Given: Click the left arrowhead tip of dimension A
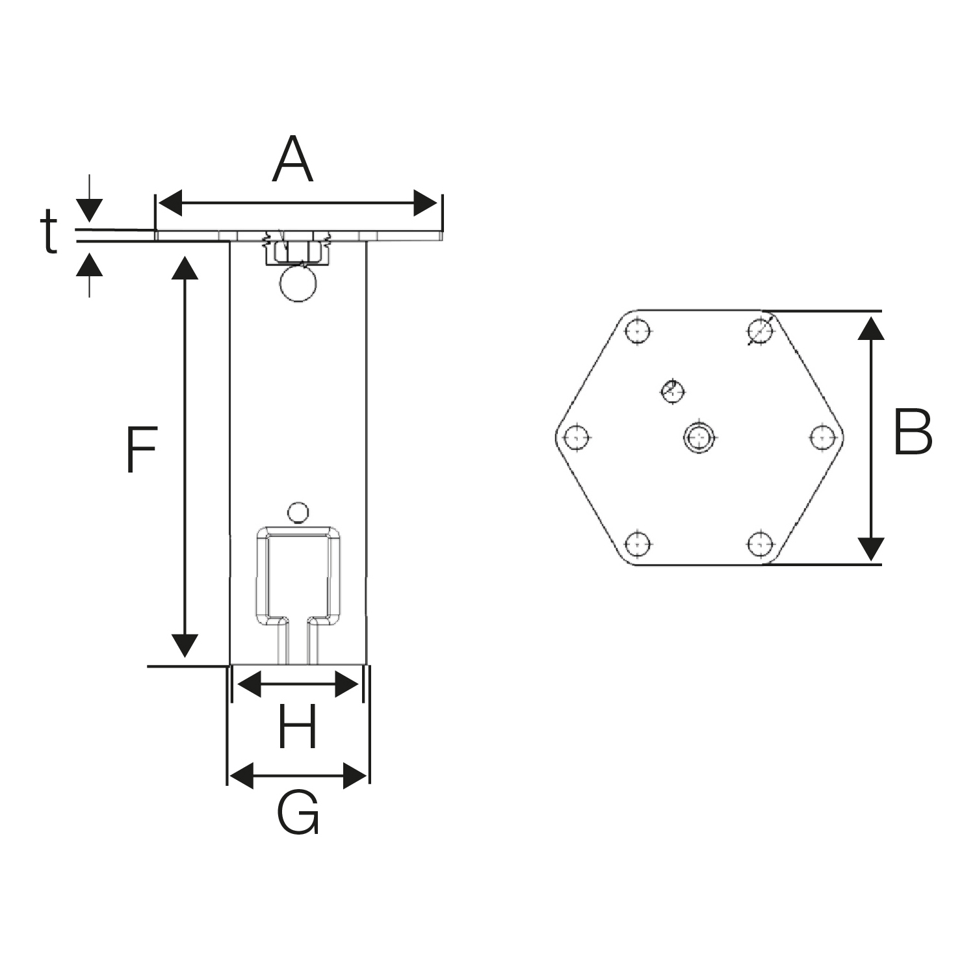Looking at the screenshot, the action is tap(158, 204).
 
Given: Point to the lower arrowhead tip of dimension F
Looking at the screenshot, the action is tap(185, 657).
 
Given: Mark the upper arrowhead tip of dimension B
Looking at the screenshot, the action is tap(871, 317).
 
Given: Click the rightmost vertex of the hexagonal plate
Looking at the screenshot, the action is tap(844, 437).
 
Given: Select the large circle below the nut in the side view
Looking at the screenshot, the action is tap(298, 283).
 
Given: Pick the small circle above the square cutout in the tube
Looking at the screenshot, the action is tap(298, 512).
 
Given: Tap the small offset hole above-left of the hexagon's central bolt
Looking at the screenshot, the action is tap(672, 391).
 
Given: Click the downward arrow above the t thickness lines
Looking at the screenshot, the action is tap(90, 198).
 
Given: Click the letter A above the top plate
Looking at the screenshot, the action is tap(292, 160).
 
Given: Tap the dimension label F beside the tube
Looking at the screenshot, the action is tap(141, 450).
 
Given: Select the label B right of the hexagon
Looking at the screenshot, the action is tap(913, 432).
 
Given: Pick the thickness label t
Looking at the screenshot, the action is tap(49, 232).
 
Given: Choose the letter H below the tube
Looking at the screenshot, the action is tap(298, 727).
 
